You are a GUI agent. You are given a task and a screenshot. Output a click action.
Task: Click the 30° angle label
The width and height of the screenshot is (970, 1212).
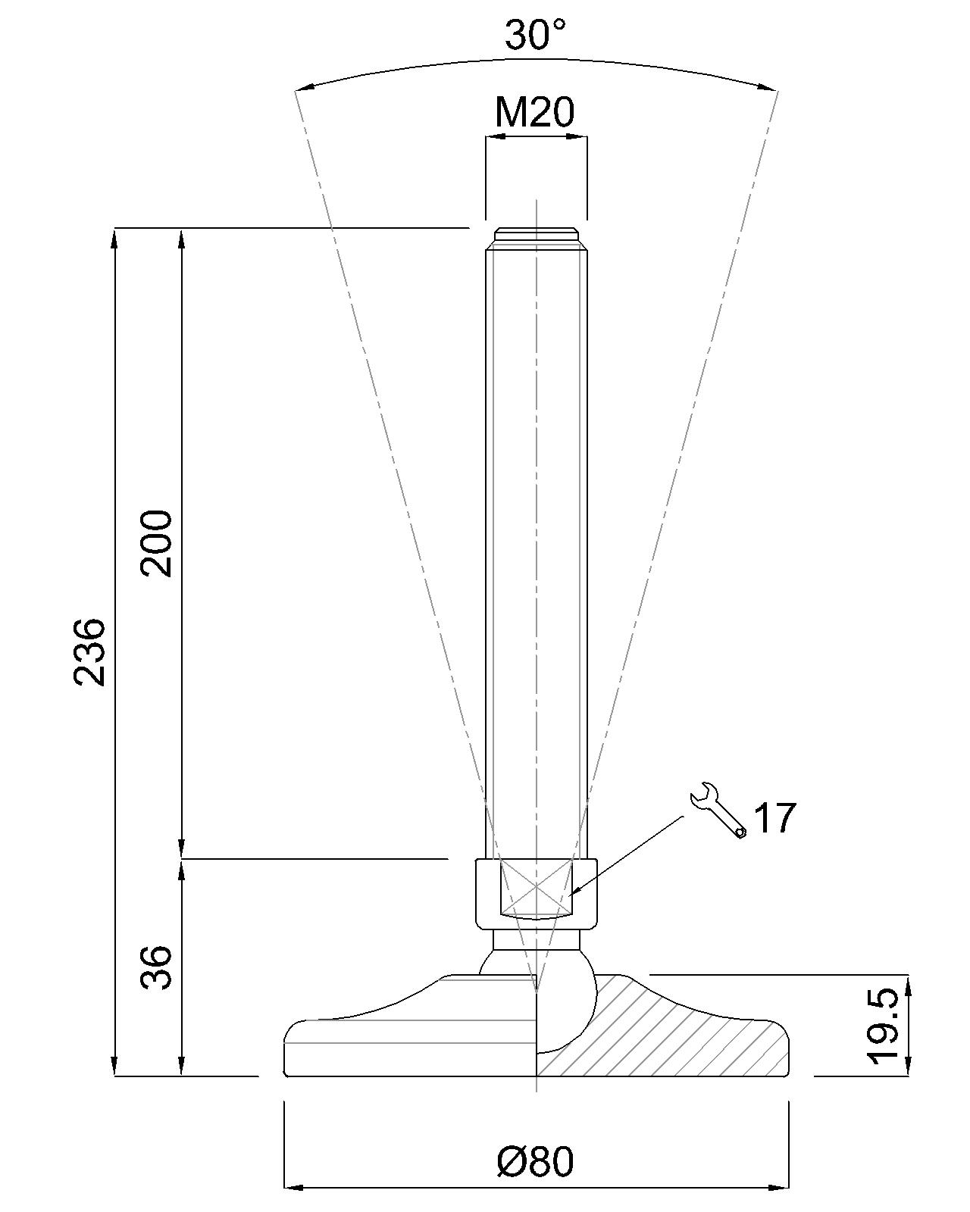click(535, 35)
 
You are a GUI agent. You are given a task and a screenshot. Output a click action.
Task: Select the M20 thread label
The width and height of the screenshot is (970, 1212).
click(535, 113)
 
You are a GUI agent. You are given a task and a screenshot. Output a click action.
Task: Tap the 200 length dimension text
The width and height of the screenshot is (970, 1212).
click(158, 543)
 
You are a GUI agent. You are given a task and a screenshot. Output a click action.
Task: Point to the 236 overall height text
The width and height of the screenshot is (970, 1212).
click(90, 651)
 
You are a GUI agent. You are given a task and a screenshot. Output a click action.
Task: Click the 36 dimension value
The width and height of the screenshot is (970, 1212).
click(158, 967)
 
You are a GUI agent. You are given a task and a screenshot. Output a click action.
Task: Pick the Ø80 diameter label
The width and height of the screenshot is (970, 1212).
click(535, 1161)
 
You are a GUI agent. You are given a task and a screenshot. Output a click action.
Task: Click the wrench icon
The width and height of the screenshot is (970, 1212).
click(717, 811)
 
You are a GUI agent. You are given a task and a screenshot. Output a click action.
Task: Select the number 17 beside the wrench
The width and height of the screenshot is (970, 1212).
click(775, 818)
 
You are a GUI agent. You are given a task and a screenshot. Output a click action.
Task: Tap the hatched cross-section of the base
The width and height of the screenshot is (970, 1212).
click(667, 1038)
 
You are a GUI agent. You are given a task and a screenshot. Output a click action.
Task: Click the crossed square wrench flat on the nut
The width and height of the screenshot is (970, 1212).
click(536, 886)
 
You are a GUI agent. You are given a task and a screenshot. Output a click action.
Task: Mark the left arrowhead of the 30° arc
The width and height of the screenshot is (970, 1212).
click(302, 89)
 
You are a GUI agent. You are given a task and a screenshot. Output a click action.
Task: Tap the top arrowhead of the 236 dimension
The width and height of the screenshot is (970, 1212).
click(115, 236)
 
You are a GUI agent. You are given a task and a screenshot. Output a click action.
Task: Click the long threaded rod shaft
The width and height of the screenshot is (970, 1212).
click(536, 530)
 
